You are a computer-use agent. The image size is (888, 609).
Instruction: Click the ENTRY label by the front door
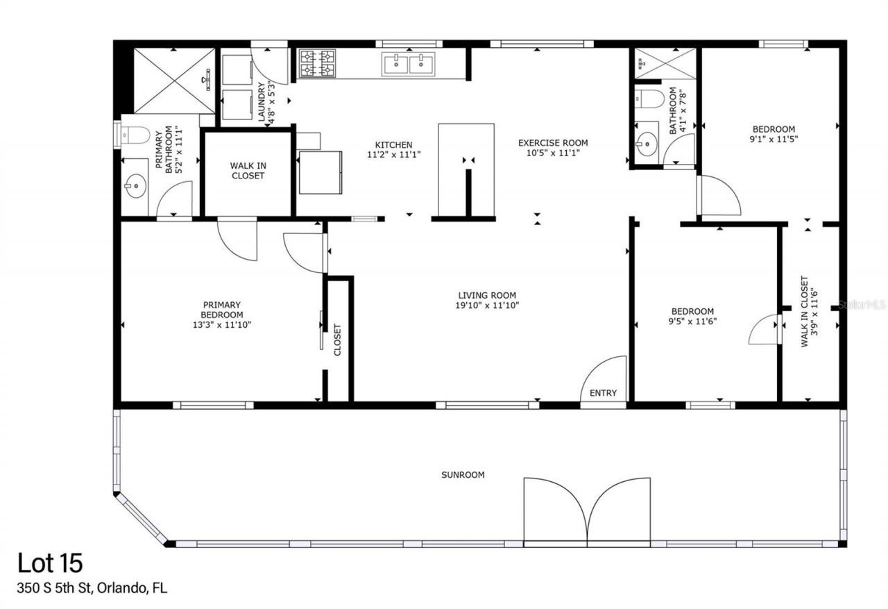tap(603, 393)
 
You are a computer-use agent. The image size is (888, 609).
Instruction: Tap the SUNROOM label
tap(463, 475)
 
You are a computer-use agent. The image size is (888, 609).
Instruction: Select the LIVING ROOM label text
tap(486, 295)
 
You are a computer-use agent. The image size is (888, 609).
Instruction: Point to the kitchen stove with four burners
tap(317, 63)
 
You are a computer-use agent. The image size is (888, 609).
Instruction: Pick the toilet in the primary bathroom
tap(134, 135)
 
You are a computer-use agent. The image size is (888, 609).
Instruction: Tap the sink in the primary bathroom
tap(135, 185)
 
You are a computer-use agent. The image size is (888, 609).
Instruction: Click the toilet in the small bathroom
tap(649, 99)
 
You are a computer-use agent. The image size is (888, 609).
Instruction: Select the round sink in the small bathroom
tap(647, 145)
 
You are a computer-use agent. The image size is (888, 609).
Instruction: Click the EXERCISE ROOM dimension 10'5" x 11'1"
tap(553, 153)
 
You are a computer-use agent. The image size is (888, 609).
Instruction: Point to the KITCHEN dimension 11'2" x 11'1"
tap(394, 155)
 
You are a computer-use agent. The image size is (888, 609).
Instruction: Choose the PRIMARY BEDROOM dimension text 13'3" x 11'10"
tap(222, 324)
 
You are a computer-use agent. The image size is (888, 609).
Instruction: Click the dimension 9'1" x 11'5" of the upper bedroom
tap(774, 139)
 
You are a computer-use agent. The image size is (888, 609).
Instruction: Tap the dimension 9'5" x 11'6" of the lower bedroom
tap(692, 322)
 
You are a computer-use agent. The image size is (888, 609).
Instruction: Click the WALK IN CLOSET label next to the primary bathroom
tap(248, 171)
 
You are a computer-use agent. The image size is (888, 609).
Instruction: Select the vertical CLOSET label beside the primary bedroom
tap(338, 340)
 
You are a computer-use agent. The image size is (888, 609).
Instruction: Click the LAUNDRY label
tap(262, 103)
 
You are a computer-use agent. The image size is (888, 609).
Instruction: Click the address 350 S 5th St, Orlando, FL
tap(92, 589)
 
